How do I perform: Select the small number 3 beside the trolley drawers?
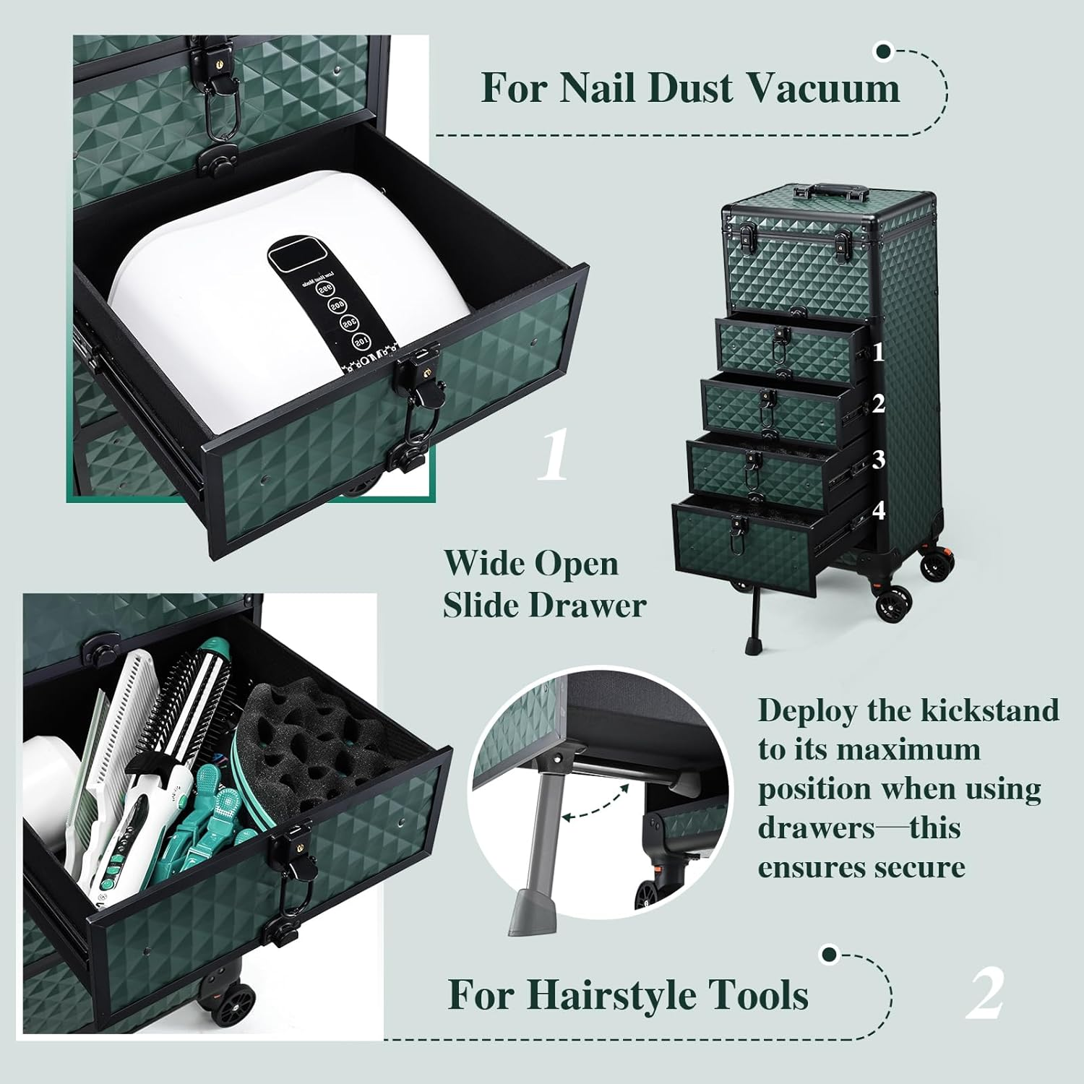point(879,459)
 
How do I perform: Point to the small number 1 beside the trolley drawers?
point(878,353)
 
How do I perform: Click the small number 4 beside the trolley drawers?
point(879,511)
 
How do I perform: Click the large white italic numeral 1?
point(554,456)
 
